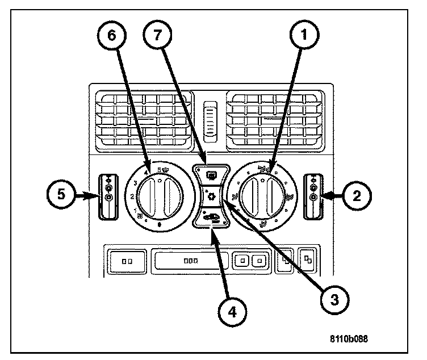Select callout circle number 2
coord(357,196)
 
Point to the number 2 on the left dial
coord(132,196)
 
